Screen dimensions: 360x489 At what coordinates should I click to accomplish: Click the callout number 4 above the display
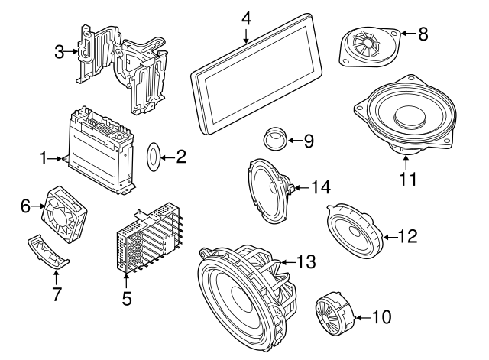click(246, 16)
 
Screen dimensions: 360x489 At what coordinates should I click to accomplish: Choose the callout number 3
click(59, 51)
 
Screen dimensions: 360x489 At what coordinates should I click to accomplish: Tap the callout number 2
click(180, 157)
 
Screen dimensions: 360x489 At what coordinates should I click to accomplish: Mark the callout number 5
click(127, 297)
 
